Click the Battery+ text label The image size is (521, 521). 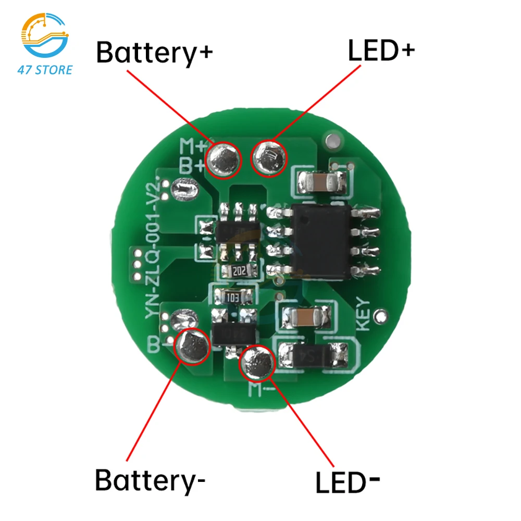click(155, 53)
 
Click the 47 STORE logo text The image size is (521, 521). click(45, 69)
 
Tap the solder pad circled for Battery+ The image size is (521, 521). click(225, 159)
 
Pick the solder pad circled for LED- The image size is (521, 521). click(257, 363)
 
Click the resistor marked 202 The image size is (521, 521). click(239, 270)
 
